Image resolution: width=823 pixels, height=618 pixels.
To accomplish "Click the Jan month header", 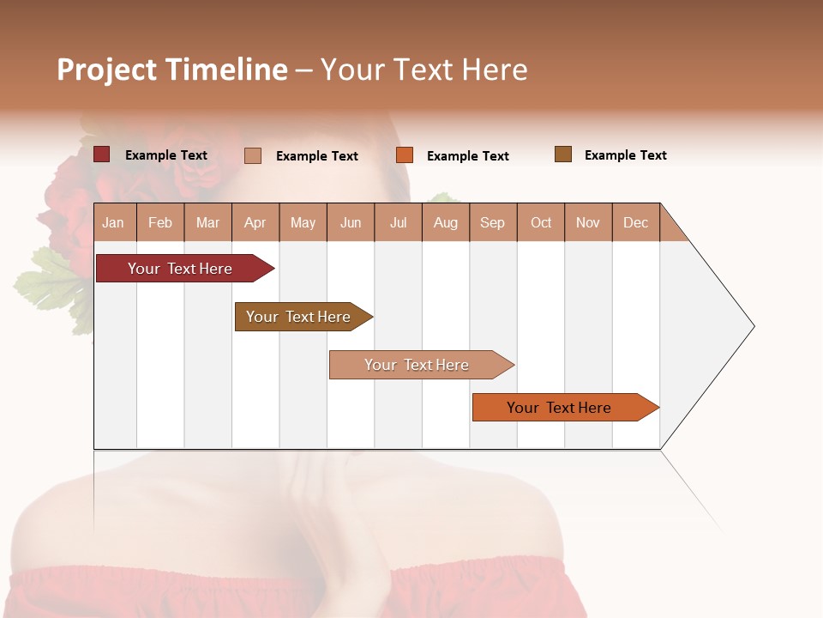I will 114,223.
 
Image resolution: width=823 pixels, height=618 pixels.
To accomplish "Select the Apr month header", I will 255,223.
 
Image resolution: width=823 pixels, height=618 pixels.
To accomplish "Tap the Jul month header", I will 398,223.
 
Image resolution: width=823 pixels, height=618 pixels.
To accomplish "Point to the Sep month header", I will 493,223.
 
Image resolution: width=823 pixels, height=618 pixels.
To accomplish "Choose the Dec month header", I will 635,223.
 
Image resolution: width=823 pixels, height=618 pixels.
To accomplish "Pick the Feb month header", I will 160,223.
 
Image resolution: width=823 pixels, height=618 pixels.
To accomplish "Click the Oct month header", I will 541,223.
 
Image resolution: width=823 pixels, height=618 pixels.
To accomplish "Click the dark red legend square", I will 102,154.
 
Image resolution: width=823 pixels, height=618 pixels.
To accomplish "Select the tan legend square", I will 253,155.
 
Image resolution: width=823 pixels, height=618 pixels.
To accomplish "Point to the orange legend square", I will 405,155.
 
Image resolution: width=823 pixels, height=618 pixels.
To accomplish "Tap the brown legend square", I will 563,154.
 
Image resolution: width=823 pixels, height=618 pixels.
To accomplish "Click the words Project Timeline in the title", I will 172,70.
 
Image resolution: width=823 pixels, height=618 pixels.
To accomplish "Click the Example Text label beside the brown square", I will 626,155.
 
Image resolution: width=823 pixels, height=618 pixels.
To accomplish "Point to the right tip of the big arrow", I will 753,326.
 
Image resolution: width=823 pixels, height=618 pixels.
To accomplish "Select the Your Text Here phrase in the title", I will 424,70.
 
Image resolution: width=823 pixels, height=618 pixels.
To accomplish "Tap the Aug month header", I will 446,223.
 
